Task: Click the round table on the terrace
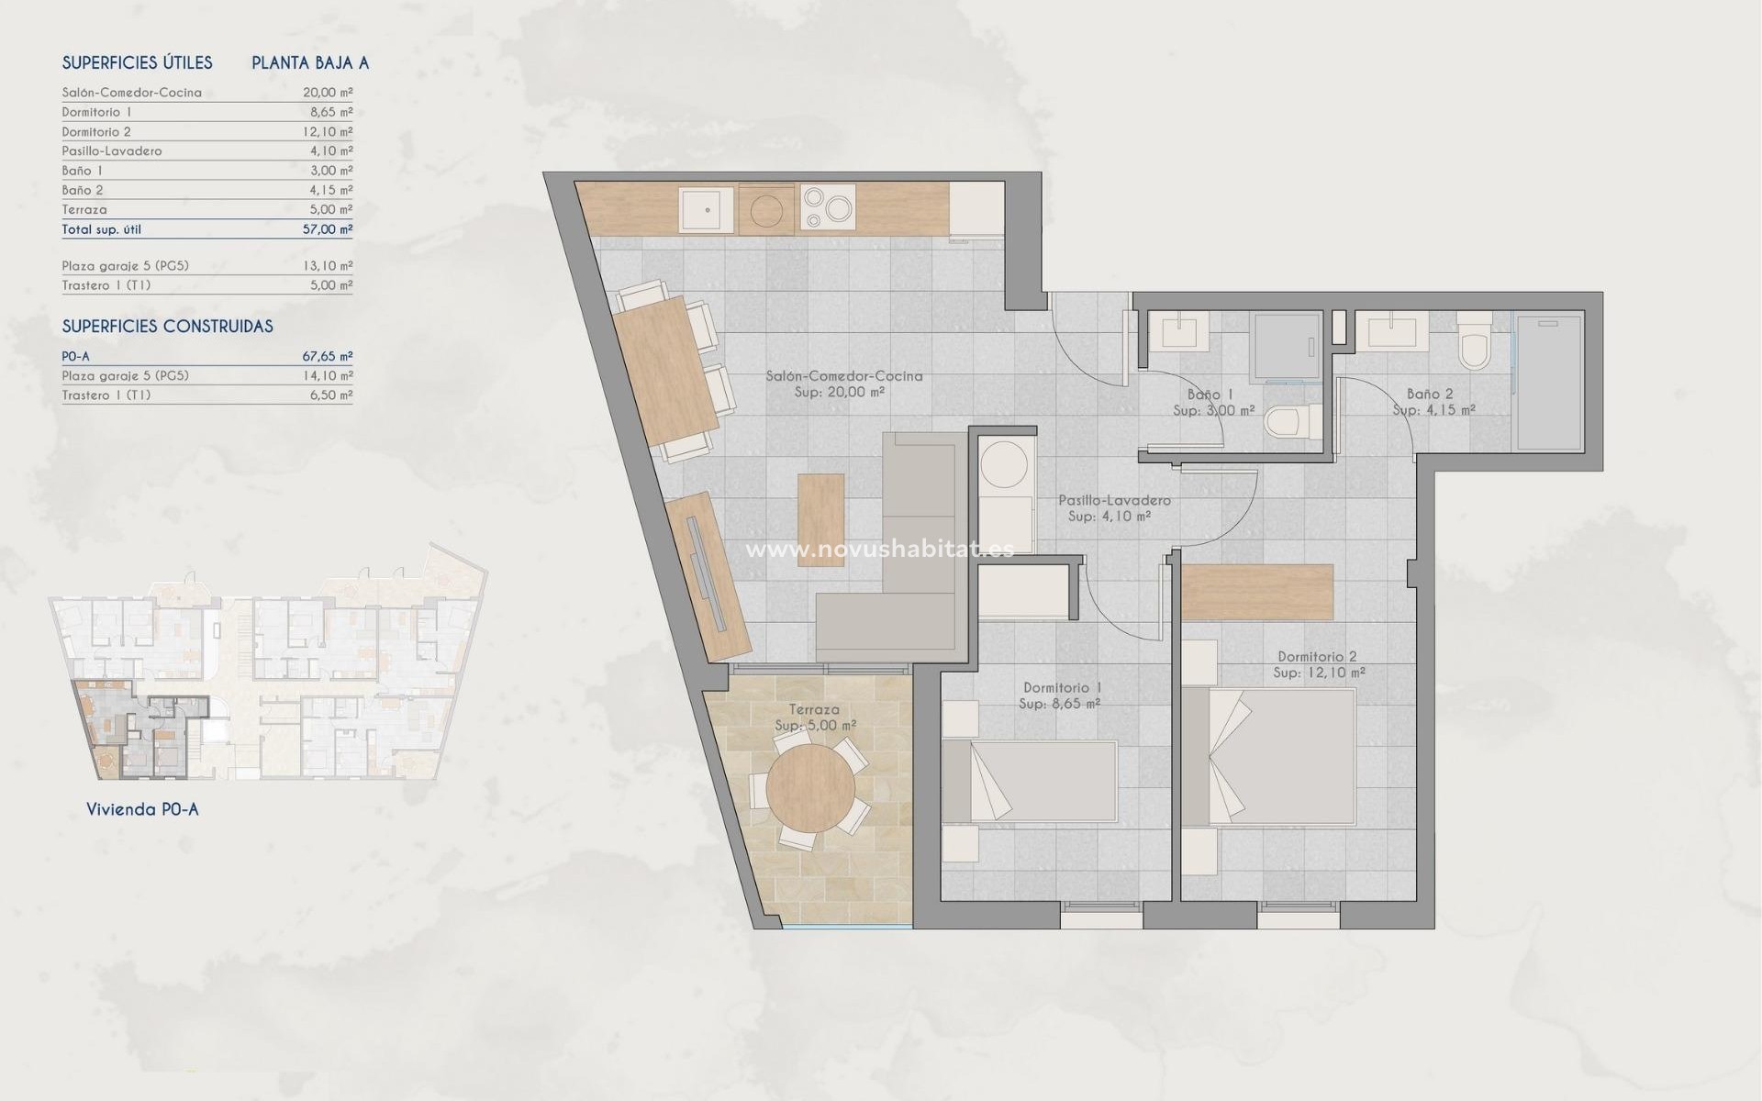[x=810, y=788]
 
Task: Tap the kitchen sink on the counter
[x=708, y=209]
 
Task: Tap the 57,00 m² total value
[x=328, y=229]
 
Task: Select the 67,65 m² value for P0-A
[x=328, y=356]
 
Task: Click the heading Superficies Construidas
[x=167, y=327]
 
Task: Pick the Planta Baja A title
[x=310, y=63]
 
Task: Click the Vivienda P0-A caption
[x=142, y=809]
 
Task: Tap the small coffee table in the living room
[x=820, y=519]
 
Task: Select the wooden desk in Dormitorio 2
[x=1256, y=593]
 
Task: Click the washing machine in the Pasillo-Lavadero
[x=1005, y=465]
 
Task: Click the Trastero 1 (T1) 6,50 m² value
[x=328, y=395]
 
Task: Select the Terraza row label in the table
[x=84, y=210]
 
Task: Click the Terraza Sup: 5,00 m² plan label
[x=815, y=717]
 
